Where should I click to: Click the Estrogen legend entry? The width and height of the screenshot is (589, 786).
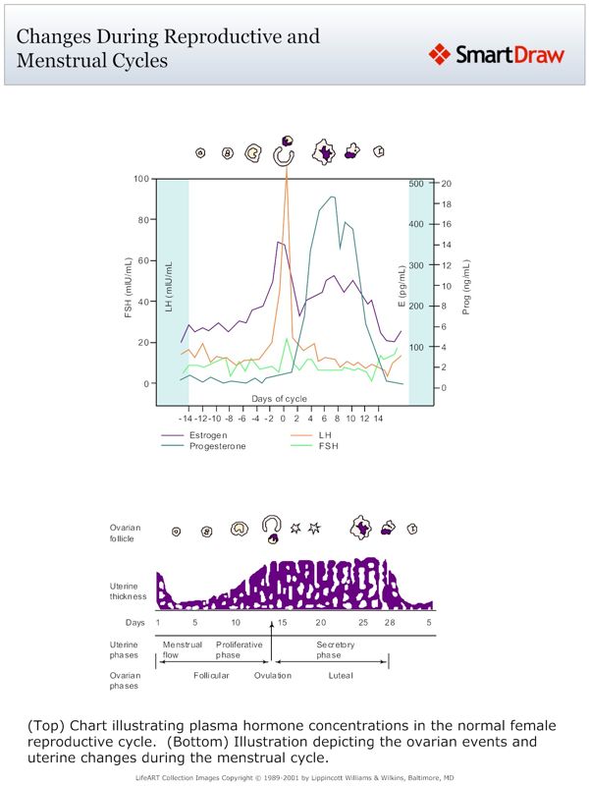[209, 434]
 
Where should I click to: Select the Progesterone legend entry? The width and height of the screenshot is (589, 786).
[218, 445]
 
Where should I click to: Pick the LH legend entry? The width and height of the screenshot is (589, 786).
[326, 434]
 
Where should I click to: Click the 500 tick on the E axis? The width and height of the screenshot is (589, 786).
[415, 184]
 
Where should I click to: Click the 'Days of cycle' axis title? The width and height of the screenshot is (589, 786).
[279, 398]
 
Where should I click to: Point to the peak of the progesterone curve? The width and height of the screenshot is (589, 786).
[334, 196]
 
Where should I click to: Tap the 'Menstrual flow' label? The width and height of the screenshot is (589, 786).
[183, 649]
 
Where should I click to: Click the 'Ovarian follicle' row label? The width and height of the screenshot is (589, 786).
[125, 533]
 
